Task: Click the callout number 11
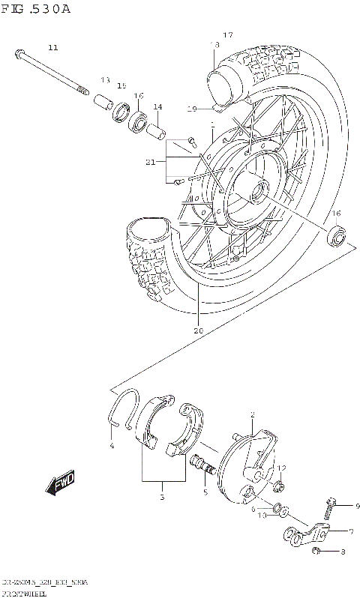click(52, 48)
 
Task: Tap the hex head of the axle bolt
click(18, 54)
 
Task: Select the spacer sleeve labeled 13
click(102, 100)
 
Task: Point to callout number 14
click(157, 107)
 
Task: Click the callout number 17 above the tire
click(228, 35)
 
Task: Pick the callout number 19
click(192, 109)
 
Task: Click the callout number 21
click(151, 162)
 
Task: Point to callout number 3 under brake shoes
click(161, 497)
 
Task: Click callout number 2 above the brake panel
click(253, 414)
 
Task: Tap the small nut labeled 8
click(318, 552)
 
